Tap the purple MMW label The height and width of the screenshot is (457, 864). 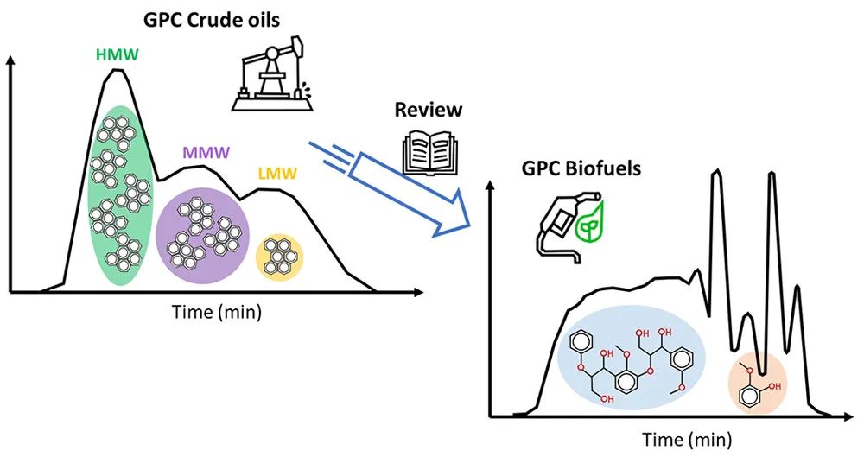point(206,153)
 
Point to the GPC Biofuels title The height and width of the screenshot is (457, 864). point(581,168)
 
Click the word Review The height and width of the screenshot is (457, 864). point(429,111)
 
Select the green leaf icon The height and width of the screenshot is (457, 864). point(588,226)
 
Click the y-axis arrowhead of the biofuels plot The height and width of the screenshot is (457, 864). point(492,187)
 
